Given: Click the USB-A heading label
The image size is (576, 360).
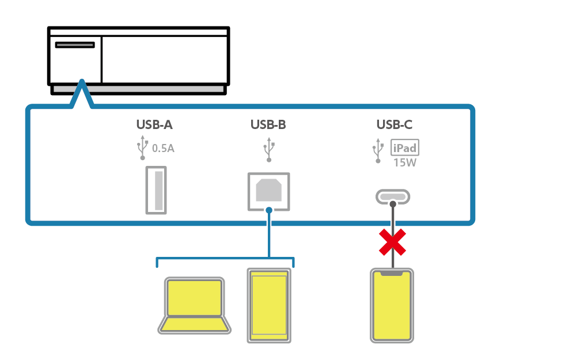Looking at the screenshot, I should tap(154, 124).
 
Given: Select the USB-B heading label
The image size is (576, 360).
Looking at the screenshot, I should tap(268, 124).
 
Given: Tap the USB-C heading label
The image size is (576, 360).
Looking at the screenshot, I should tap(395, 124).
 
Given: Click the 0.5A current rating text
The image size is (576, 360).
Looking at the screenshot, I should tap(163, 149).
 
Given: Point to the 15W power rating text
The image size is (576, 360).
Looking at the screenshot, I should tap(404, 162).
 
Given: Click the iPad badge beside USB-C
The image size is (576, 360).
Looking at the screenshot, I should tap(404, 148).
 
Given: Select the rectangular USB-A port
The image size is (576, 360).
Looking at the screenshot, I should tap(155, 190).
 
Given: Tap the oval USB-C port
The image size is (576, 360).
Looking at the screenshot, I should tap(393, 197).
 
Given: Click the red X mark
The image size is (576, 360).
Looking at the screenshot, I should tap(392, 242).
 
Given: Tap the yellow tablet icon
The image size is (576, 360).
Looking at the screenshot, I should tap(269, 305).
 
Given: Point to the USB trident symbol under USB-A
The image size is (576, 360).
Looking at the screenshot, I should tap(142, 149).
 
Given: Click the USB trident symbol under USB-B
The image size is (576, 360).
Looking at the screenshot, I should tap(268, 149).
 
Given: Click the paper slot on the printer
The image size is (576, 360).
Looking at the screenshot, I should tap(75, 45).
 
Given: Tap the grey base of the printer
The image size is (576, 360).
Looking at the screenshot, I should tap(138, 89).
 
